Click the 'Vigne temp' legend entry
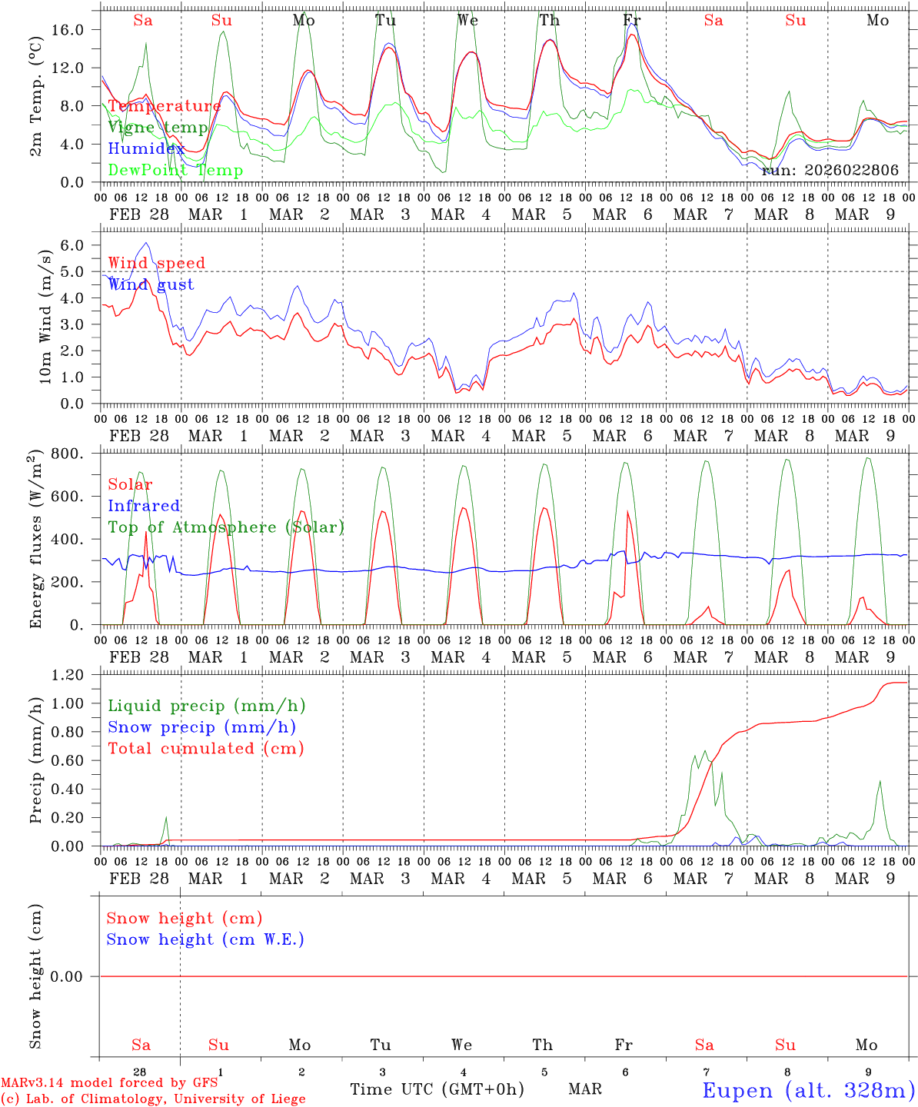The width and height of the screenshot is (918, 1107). tap(158, 128)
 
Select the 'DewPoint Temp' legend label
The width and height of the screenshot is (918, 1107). tap(175, 171)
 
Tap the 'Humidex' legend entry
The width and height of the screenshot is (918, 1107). tap(146, 149)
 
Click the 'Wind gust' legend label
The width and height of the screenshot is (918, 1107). tap(151, 284)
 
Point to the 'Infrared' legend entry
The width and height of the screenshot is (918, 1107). tap(144, 506)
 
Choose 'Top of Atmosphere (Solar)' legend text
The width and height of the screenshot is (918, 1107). tap(226, 527)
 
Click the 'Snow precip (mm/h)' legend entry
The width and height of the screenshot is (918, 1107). tap(202, 727)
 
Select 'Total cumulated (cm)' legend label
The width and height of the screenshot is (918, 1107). tap(206, 749)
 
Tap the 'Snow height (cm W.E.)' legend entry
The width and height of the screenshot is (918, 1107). tap(205, 939)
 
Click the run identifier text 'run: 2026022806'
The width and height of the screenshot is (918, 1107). tap(830, 171)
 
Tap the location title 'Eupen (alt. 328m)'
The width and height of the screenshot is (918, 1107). tap(808, 1090)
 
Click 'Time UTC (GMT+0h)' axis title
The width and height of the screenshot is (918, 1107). tap(437, 1089)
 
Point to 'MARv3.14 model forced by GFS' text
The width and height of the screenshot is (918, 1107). tap(109, 1083)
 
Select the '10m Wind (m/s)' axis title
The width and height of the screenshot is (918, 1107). tap(45, 316)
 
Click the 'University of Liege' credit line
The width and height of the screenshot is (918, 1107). tap(153, 1099)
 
